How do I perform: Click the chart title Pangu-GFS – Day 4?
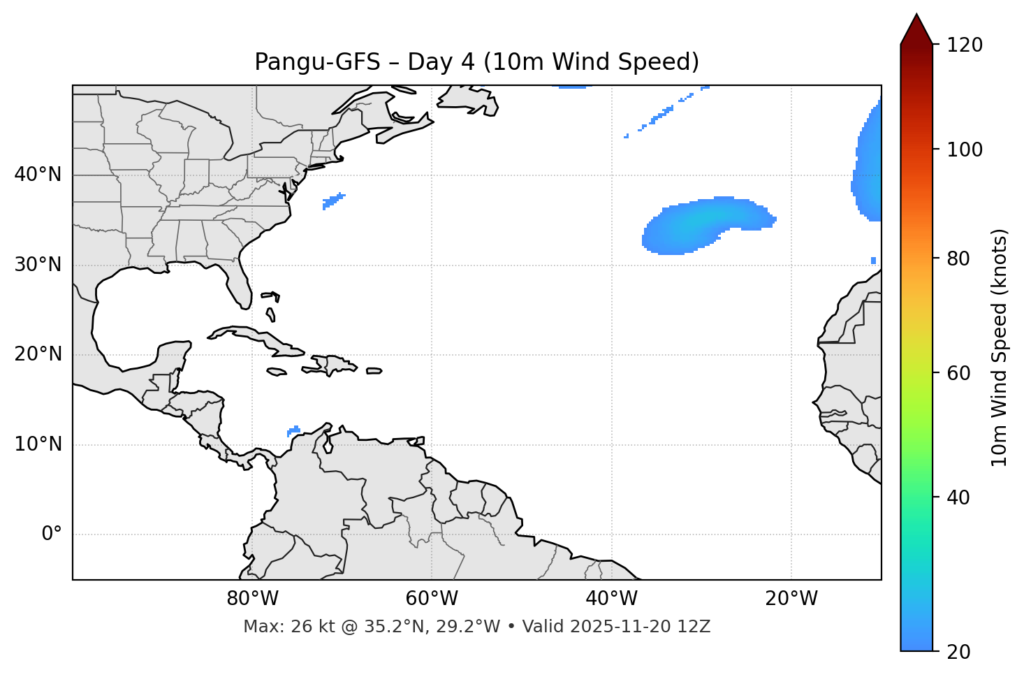coord(476,62)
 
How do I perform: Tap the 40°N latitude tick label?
coord(38,175)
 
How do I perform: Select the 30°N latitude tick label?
coord(38,265)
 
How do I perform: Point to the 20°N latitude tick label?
coord(38,354)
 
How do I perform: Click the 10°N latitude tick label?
coord(38,444)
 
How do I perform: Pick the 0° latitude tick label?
coord(52,534)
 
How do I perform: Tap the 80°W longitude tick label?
coord(252,599)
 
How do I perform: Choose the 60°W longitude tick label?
coord(432,599)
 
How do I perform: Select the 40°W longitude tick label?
coord(611,599)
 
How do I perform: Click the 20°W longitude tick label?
coord(791,599)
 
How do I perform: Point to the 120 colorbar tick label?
coord(965,45)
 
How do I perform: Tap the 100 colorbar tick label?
coord(965,150)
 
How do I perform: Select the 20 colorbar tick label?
coord(959,652)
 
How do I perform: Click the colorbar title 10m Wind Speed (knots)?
coord(1000,348)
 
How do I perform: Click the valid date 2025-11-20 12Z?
coord(640,627)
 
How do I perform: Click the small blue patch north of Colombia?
coord(293,430)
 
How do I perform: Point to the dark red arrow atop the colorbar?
coord(916,29)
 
